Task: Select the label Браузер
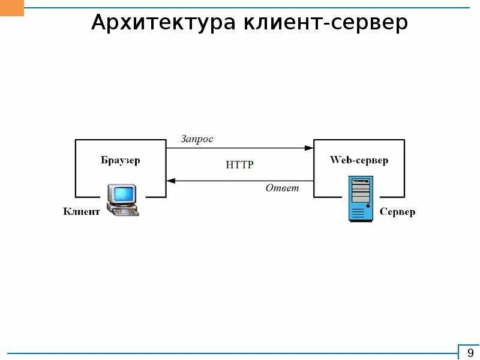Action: [120, 161]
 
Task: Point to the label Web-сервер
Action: [359, 160]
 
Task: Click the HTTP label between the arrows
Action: [240, 164]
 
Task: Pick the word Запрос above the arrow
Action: [197, 139]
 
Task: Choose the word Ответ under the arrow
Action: [282, 188]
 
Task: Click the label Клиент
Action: [82, 212]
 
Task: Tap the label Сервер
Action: [397, 212]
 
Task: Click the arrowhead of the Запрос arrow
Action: [309, 148]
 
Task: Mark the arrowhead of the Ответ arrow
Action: [170, 180]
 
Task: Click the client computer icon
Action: [122, 199]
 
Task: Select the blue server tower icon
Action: [361, 199]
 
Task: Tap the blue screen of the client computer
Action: [124, 193]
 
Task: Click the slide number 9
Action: [469, 352]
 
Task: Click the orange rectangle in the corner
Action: [12, 8]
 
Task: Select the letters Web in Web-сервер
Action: [339, 160]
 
